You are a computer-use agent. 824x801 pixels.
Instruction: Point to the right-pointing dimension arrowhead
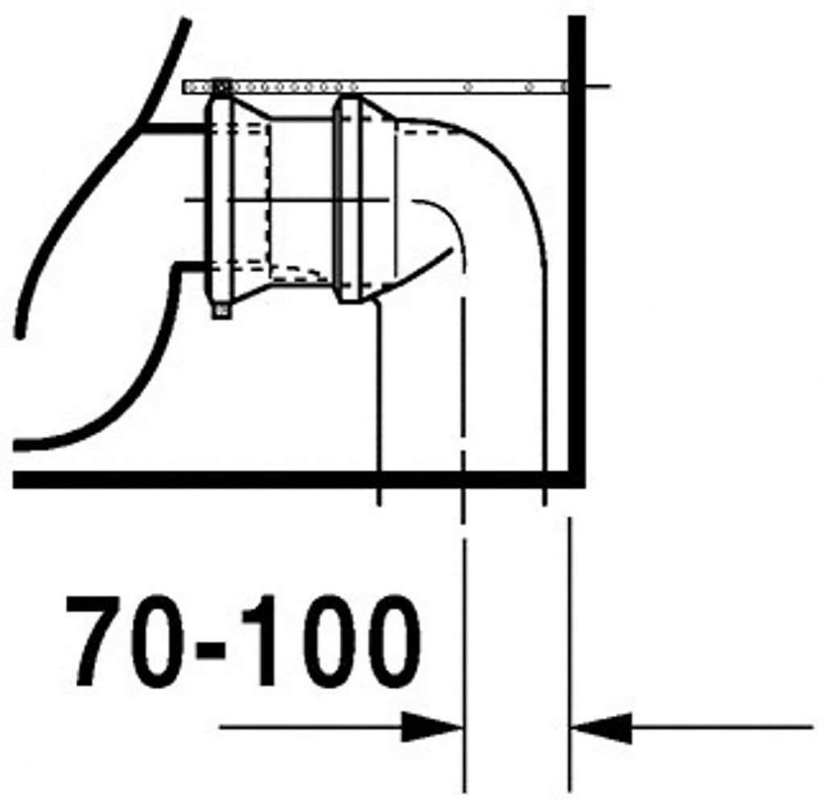point(432,728)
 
